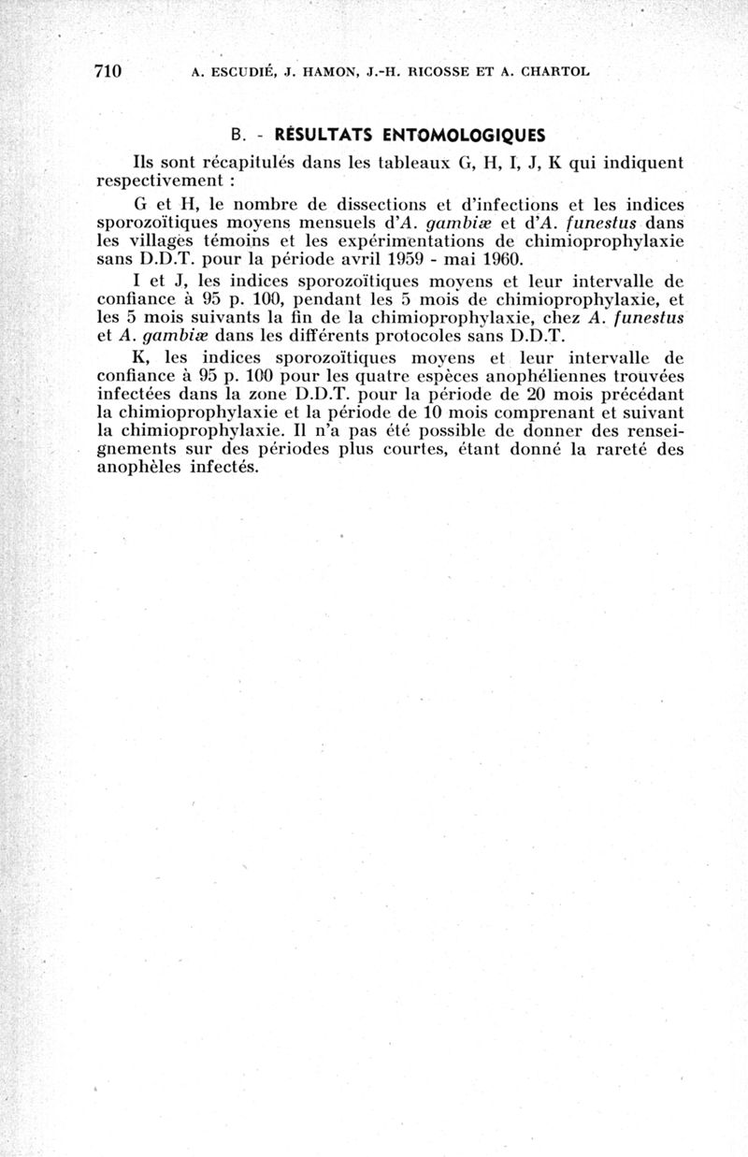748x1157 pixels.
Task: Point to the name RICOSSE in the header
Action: (x=440, y=72)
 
